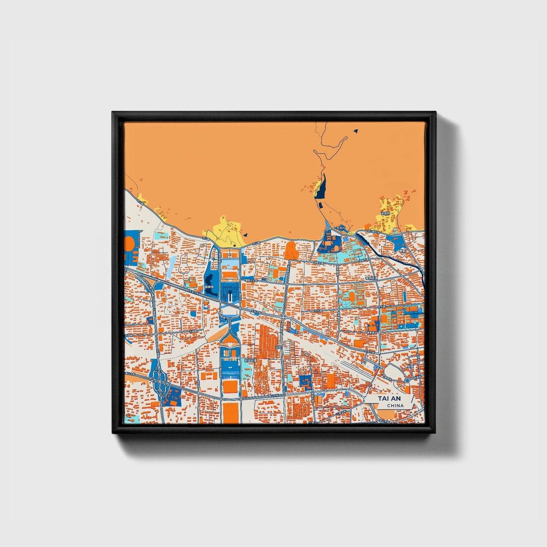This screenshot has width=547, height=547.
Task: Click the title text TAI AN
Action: pyautogui.click(x=389, y=399)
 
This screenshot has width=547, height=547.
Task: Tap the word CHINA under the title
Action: pyautogui.click(x=395, y=405)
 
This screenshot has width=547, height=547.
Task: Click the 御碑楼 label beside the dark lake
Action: pyautogui.click(x=209, y=287)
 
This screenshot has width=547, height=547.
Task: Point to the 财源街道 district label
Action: pyautogui.click(x=250, y=361)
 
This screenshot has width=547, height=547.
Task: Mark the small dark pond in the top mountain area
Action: pyautogui.click(x=355, y=131)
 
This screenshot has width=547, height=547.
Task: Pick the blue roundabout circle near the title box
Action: pyautogui.click(x=407, y=380)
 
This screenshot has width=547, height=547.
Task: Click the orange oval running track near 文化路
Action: pyautogui.click(x=352, y=296)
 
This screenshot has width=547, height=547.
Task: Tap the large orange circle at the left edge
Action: pyautogui.click(x=129, y=243)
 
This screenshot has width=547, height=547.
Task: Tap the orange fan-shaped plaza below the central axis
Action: pyautogui.click(x=230, y=341)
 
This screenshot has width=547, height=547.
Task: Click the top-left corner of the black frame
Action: pyautogui.click(x=113, y=112)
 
